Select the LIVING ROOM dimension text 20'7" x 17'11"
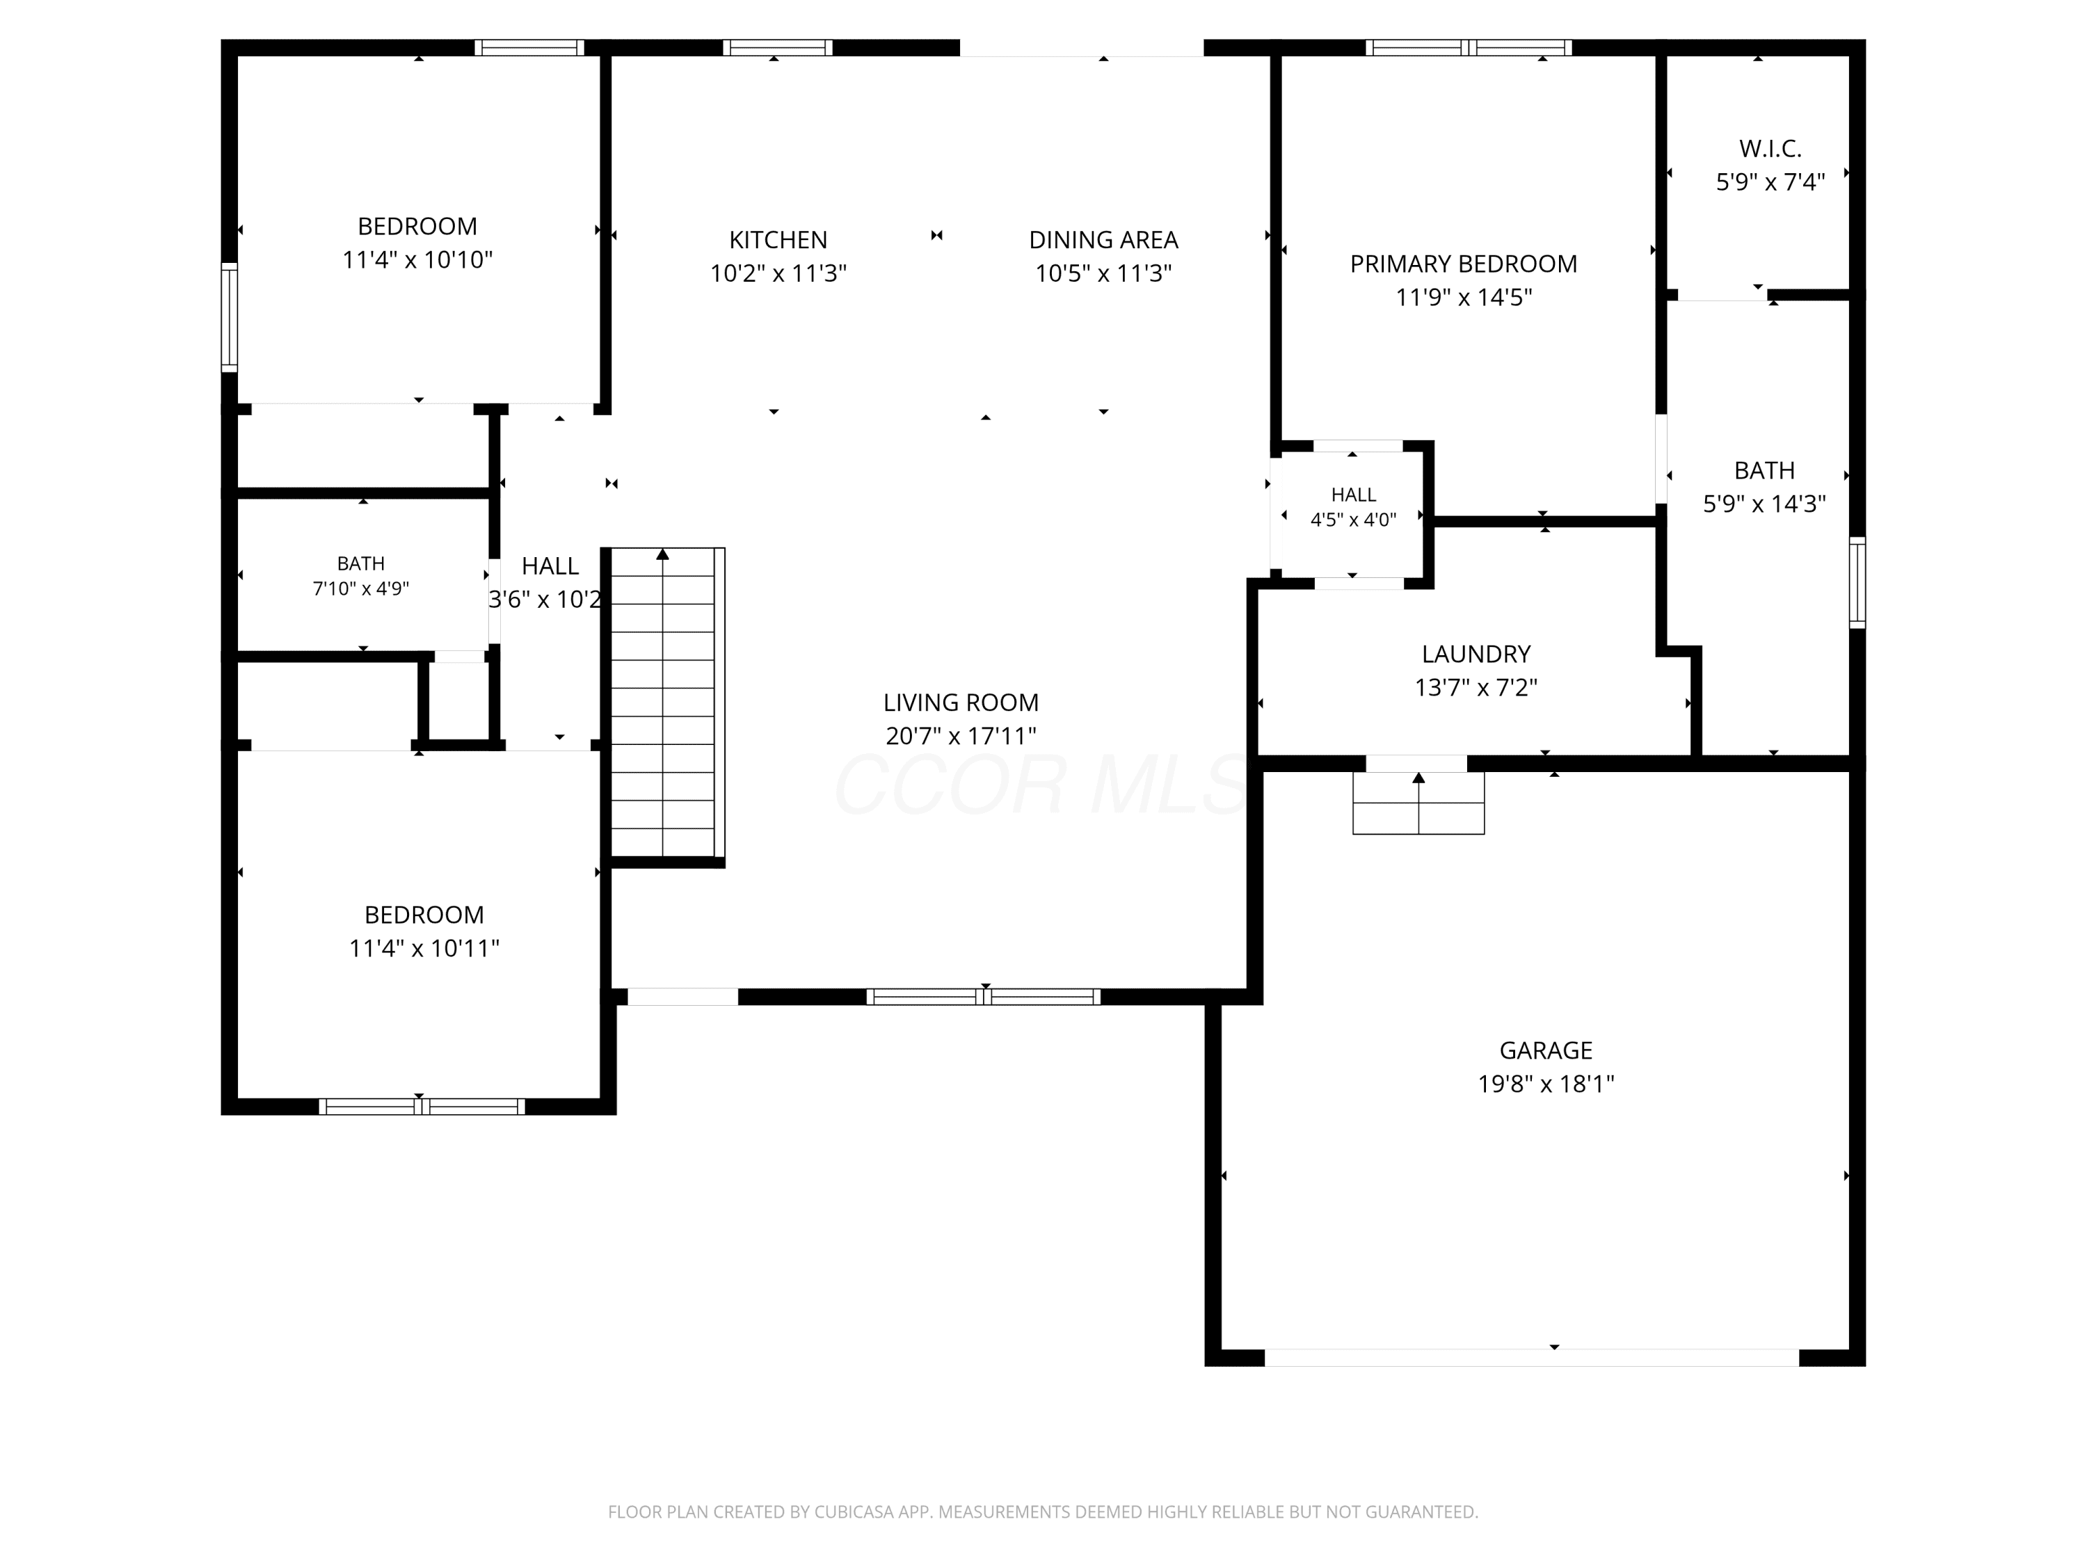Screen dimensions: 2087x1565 [x=961, y=736]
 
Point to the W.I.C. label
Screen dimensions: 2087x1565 [x=1770, y=148]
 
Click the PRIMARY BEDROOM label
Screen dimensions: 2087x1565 [x=1464, y=264]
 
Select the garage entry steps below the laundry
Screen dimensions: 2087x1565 [x=1418, y=803]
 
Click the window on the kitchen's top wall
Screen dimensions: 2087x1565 [x=778, y=47]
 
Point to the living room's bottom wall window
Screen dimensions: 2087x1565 [x=983, y=996]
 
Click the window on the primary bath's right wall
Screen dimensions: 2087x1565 [x=1857, y=582]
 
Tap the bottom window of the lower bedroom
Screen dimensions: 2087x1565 [x=421, y=1107]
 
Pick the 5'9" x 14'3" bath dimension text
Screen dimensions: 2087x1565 [x=1764, y=504]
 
